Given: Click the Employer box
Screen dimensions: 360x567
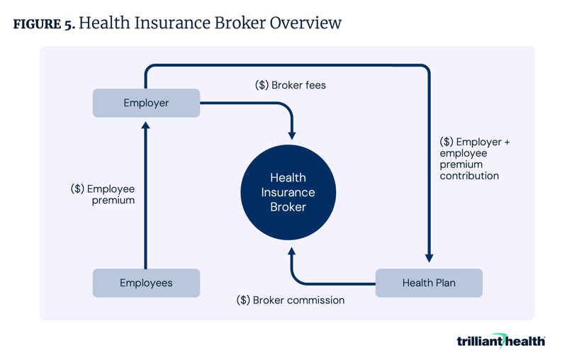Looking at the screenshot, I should coord(146,103).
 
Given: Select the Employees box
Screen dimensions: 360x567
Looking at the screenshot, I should coord(146,283).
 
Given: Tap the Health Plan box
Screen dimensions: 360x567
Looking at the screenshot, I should coord(428,283).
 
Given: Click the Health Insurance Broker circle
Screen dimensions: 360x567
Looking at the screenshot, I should coord(288,192).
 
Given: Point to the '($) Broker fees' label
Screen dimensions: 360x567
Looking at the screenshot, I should coord(291,85).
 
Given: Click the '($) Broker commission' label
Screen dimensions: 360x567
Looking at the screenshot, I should coord(291,300).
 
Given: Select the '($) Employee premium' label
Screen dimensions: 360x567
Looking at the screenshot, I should coord(103,195).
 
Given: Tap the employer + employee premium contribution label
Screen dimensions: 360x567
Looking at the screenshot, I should coord(473,159).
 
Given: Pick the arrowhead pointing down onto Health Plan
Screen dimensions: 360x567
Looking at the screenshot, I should coord(429,259).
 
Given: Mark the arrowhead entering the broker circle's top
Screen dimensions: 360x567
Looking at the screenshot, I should coord(291,134).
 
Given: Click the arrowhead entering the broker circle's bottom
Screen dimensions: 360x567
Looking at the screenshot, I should coord(291,252).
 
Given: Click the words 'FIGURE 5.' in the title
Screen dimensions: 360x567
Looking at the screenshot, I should coord(44,24).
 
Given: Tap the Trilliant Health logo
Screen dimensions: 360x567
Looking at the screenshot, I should coord(500,341).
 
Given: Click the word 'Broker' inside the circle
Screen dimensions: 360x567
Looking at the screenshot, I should coord(288,208).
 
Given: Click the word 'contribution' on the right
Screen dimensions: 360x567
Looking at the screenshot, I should coord(469,176).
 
